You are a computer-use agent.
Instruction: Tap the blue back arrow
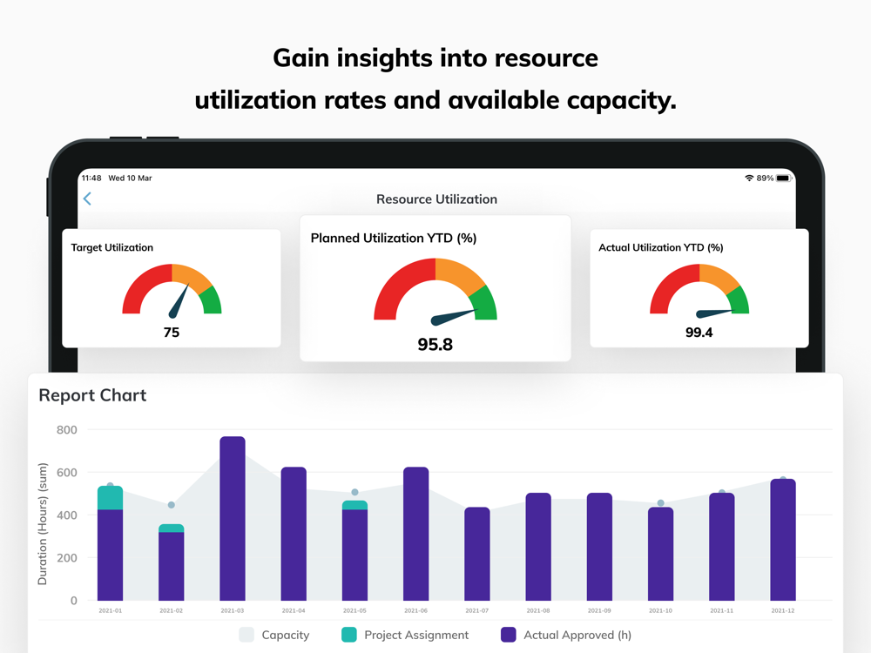(87, 199)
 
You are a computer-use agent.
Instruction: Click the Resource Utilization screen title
(436, 199)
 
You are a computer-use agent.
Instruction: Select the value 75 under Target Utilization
(172, 332)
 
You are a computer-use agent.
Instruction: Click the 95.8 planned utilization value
(435, 344)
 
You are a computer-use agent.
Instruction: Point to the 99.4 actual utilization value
(699, 332)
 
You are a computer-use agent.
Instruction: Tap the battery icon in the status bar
(783, 178)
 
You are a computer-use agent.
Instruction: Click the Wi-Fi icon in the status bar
(749, 178)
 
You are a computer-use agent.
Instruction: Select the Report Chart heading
(92, 395)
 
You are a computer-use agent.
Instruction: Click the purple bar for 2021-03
(233, 518)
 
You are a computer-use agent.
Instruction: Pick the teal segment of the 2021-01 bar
(110, 497)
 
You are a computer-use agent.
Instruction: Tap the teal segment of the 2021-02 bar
(172, 528)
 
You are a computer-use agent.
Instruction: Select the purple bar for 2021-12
(783, 540)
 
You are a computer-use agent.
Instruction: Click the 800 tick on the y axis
(67, 430)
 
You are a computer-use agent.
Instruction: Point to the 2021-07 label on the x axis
(477, 611)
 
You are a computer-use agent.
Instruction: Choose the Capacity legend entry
(274, 635)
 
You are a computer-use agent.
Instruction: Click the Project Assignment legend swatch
(349, 635)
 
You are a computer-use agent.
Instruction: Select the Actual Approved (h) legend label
(577, 635)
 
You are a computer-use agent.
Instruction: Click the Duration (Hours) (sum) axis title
(43, 523)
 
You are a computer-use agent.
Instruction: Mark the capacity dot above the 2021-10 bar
(660, 503)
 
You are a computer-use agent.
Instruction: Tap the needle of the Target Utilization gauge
(179, 301)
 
